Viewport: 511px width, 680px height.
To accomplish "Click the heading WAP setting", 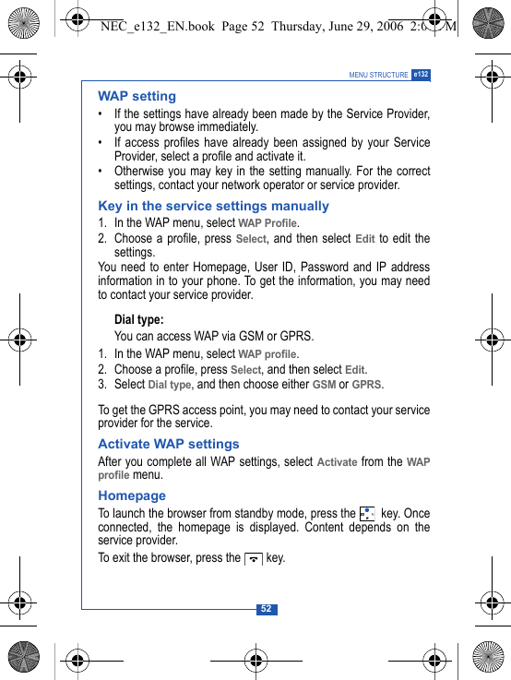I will click(x=137, y=96).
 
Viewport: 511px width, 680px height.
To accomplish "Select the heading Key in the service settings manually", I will click(x=213, y=206).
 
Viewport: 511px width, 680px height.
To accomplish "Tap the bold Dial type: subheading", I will click(x=138, y=320).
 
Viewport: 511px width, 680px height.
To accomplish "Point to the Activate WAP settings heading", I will click(x=168, y=444).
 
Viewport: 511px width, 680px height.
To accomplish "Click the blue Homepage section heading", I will click(x=132, y=495).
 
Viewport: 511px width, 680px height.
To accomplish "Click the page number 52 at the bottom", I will click(x=266, y=609).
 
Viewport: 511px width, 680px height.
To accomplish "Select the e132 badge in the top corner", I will click(x=421, y=75).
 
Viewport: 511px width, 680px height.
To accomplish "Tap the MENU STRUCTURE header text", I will click(x=378, y=76).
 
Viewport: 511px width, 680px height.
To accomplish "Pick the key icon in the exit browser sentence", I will click(x=254, y=558).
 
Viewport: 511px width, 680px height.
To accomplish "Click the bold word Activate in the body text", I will click(x=337, y=462).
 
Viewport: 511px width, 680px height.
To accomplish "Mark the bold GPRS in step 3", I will click(x=367, y=385).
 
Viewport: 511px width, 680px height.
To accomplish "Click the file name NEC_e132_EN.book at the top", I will click(x=156, y=27).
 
